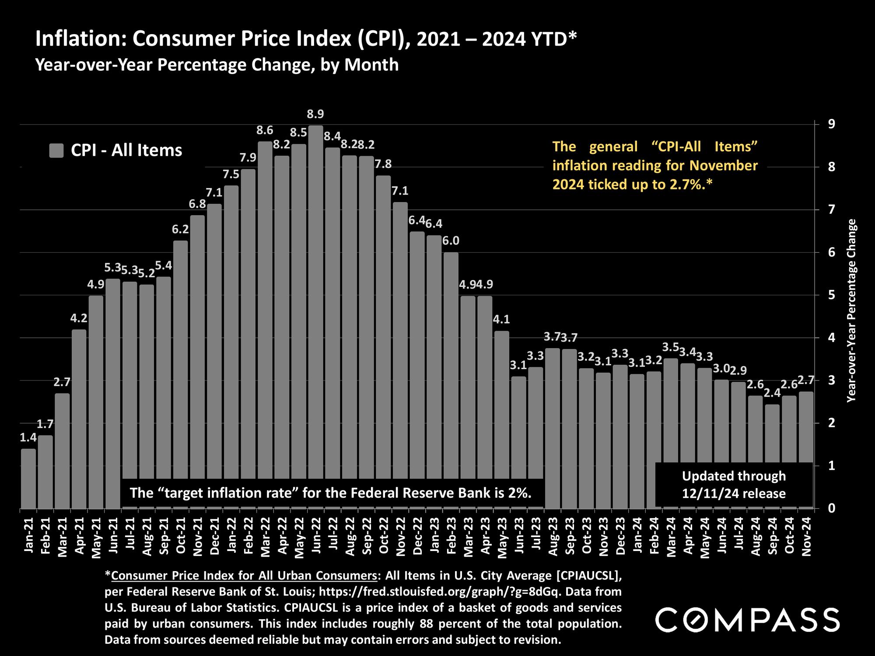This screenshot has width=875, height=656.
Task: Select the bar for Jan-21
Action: click(28, 479)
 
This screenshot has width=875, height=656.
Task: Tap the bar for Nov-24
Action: click(806, 426)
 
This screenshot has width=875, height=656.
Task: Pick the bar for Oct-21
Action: click(180, 372)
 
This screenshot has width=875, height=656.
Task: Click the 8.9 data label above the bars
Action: click(315, 115)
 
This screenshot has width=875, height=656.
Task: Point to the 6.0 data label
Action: click(451, 241)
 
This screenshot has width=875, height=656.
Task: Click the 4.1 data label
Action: click(501, 320)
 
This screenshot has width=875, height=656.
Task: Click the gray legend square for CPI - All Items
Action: click(56, 150)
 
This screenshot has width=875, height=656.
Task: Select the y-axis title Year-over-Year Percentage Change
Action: click(851, 311)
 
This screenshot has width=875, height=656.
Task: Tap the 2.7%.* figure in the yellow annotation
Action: click(691, 185)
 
